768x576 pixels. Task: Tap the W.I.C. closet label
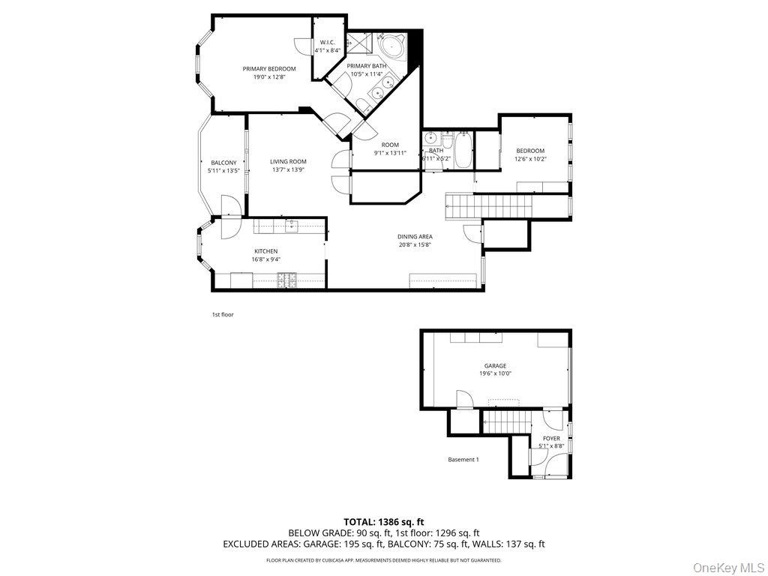pos(327,42)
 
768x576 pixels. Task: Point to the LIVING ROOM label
pos(289,161)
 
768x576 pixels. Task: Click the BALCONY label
pos(223,163)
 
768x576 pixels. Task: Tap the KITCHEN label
pos(265,251)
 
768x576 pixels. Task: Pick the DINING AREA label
pos(415,237)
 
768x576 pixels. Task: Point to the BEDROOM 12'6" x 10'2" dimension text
pos(530,159)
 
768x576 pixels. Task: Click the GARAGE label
pos(495,366)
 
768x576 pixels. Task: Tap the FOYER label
pos(551,439)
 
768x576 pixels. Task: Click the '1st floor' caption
pos(223,314)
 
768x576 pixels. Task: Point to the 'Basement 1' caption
pos(463,460)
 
